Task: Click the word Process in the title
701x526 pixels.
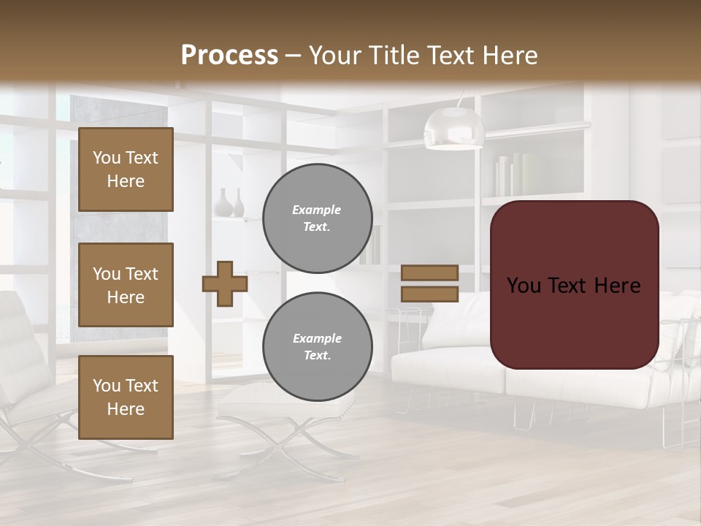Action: coord(229,56)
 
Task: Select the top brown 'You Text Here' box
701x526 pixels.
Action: coord(126,169)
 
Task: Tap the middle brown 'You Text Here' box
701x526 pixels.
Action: coord(126,285)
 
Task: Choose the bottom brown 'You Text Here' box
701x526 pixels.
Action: coord(126,397)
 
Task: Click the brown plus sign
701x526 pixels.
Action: coord(225,283)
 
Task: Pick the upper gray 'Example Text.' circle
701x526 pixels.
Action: coord(318,218)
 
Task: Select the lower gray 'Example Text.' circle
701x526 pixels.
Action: coord(318,347)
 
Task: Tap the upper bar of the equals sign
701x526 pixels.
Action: coord(429,272)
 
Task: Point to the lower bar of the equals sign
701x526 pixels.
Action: coord(429,294)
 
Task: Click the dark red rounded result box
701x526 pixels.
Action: coord(574,285)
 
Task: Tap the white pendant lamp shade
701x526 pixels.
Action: coord(454,127)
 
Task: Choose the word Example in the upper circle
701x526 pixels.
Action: coord(317,210)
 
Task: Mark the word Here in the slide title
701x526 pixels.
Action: coord(510,56)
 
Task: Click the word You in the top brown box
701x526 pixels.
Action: coord(107,158)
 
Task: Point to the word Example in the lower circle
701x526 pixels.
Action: coord(317,338)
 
